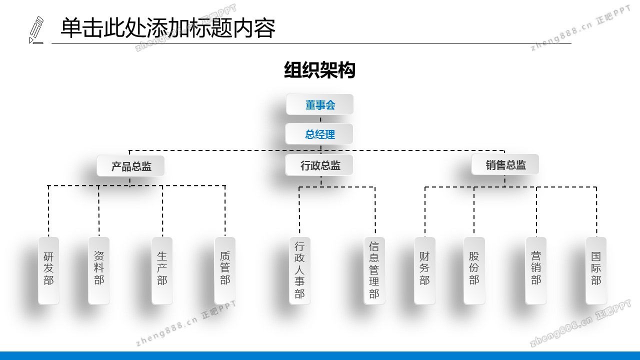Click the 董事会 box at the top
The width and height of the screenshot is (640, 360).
tap(320, 104)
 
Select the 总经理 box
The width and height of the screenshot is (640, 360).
tap(319, 134)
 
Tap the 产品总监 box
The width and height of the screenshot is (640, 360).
tap(131, 165)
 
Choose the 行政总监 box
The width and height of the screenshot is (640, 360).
tap(319, 165)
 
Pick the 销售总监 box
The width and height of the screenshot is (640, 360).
tap(505, 164)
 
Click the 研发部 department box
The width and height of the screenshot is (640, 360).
tap(48, 270)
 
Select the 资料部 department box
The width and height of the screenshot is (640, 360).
tap(99, 270)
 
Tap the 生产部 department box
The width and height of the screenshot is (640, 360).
tap(162, 270)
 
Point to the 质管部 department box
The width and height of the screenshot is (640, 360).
tap(225, 270)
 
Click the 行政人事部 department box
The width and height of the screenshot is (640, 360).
tap(299, 270)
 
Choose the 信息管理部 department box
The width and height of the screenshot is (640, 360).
tap(374, 270)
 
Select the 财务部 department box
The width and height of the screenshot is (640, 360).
tap(424, 270)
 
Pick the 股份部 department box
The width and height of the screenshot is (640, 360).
tap(474, 270)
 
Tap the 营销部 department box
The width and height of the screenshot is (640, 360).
tap(536, 270)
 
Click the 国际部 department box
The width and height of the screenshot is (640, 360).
tap(596, 270)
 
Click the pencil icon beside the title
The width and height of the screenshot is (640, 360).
tap(36, 30)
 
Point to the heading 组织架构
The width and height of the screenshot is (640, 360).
tap(319, 70)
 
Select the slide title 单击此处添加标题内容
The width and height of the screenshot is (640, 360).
tap(168, 28)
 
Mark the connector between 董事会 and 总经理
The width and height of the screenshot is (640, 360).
tap(320, 119)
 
